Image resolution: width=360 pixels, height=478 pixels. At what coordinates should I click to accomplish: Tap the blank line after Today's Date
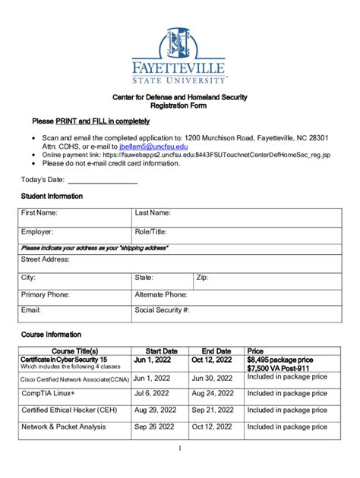tap(103, 180)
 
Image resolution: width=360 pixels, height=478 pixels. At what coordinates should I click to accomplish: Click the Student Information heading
tap(52, 197)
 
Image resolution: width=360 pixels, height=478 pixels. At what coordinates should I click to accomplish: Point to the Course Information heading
tap(52, 335)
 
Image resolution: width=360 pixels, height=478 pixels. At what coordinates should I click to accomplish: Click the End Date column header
tap(216, 351)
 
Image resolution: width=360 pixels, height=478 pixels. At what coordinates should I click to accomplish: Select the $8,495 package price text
tap(280, 360)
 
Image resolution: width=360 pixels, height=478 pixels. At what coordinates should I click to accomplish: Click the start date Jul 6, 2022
tap(152, 393)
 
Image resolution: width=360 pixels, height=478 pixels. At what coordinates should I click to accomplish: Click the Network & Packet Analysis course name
tap(64, 427)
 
